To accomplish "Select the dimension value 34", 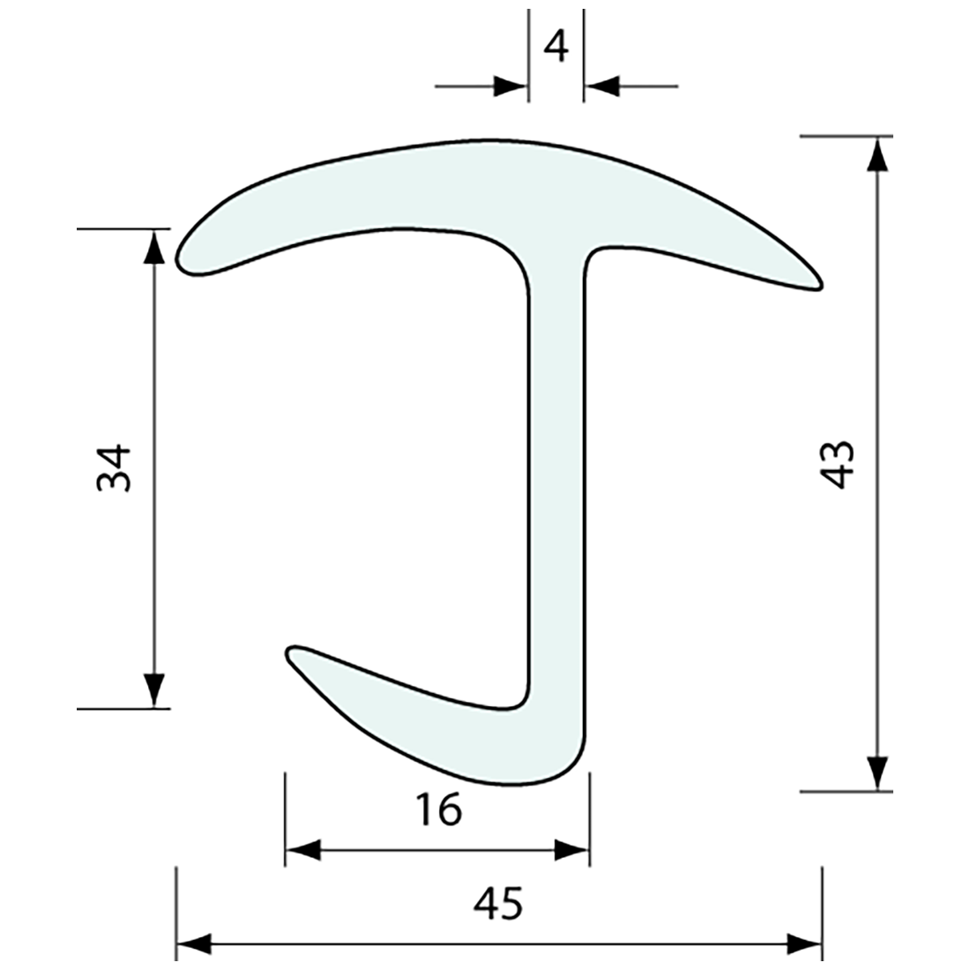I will (x=114, y=467).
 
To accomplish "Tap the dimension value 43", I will (x=837, y=465).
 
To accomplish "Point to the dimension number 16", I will (x=438, y=810).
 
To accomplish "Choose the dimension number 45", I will (x=498, y=903).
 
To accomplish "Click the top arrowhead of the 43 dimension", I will (x=875, y=153).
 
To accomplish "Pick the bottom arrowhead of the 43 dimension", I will (x=875, y=773).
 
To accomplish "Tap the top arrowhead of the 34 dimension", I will (x=153, y=246).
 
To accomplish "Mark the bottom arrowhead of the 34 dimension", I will (x=153, y=690).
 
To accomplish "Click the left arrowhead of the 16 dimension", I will (x=302, y=851).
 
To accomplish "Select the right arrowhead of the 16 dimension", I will (x=571, y=851).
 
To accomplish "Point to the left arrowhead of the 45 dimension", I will (x=194, y=944).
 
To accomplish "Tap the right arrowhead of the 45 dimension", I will (x=804, y=944).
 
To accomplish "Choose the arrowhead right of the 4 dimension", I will (x=601, y=86).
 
